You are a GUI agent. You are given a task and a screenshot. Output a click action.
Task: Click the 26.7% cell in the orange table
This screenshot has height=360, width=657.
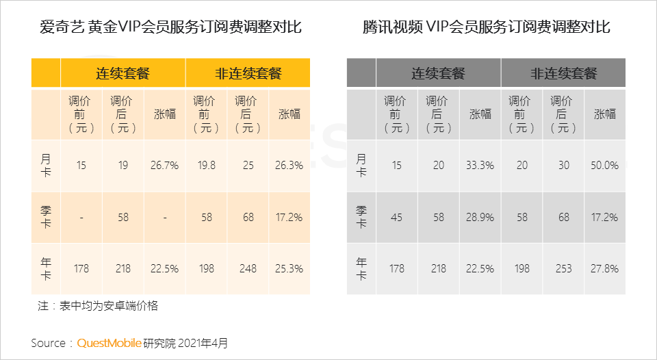[165, 166]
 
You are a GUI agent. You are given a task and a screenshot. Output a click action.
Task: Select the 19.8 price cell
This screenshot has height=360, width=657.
[207, 166]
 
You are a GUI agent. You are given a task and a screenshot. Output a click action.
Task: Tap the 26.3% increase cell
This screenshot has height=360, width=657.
[289, 166]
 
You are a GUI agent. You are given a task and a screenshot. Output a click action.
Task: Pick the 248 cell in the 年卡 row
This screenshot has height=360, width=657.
[248, 269]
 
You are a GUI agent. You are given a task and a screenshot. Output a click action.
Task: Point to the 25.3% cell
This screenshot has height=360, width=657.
[289, 269]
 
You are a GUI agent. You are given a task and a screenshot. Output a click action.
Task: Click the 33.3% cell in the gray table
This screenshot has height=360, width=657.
[480, 166]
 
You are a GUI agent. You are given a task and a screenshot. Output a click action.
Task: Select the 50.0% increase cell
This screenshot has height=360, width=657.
[604, 166]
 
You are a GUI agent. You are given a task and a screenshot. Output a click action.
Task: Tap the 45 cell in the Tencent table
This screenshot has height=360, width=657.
[396, 218]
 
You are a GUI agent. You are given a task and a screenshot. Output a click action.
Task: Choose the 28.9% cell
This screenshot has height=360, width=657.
[480, 218]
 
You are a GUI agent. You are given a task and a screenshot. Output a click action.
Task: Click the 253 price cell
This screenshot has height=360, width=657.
[563, 269]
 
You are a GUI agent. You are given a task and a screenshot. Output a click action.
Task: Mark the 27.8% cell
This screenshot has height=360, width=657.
[604, 269]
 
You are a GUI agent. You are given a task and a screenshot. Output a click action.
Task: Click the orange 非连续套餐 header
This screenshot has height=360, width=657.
[248, 73]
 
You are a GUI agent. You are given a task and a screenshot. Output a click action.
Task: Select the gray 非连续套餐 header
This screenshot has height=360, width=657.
[564, 73]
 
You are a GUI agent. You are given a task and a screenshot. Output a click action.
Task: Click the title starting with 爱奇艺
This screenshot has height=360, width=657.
[170, 27]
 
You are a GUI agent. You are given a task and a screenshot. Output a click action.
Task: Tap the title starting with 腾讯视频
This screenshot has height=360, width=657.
[487, 27]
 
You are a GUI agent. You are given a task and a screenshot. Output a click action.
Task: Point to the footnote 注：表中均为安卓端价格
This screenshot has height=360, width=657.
[98, 306]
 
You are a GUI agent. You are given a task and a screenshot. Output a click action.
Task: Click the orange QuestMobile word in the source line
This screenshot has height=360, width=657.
[109, 344]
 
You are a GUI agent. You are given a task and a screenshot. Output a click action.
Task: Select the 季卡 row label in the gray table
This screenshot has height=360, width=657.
[361, 217]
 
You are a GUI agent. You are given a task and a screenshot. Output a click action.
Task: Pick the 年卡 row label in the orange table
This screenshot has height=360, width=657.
[46, 269]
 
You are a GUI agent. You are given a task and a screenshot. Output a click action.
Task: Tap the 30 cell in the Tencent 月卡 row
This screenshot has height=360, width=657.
[563, 166]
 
